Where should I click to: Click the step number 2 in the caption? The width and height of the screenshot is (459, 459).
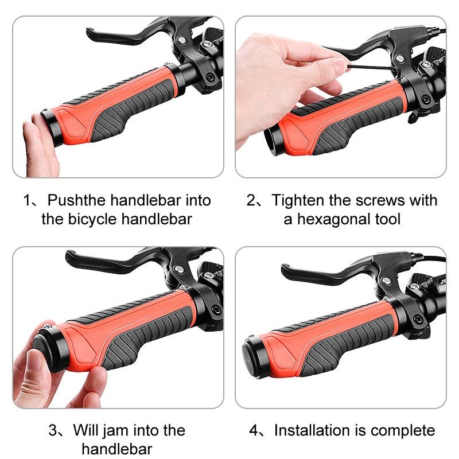(251, 200)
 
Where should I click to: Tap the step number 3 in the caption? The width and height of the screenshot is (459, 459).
(53, 430)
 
